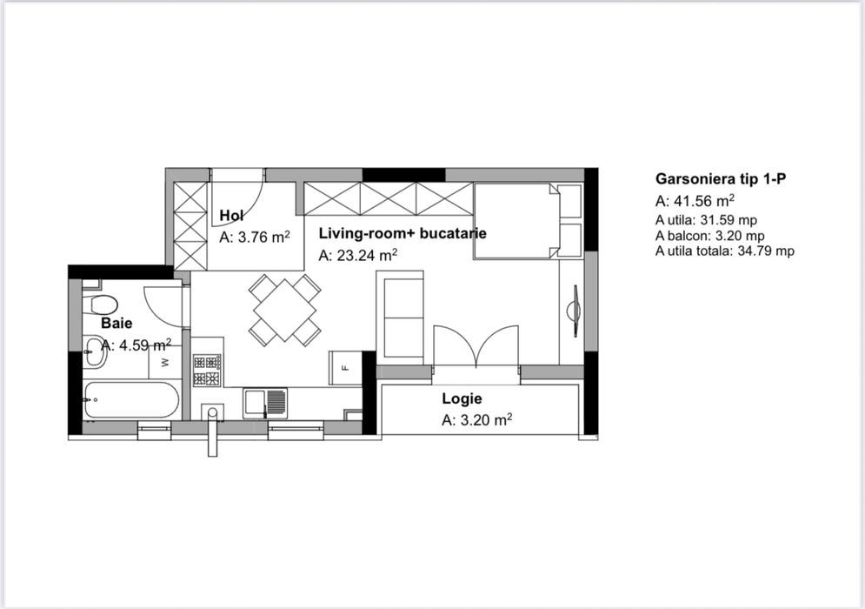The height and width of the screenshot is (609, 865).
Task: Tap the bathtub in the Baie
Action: coord(131,399)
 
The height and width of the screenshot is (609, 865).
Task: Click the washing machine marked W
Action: coord(164,362)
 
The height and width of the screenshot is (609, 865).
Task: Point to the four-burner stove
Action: coord(207,370)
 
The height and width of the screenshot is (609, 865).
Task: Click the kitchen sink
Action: coord(265,404)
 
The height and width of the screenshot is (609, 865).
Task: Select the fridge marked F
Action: coord(345,368)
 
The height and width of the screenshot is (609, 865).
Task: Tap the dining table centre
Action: coord(284,311)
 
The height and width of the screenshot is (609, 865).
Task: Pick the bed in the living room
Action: coord(528,221)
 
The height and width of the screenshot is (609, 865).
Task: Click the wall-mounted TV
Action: coord(575,311)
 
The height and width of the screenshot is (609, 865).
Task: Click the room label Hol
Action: coord(232,216)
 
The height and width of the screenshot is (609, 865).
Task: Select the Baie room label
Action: coord(116,323)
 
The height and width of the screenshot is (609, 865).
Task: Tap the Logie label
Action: coord(462,398)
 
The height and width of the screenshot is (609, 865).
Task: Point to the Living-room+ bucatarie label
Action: coord(403,233)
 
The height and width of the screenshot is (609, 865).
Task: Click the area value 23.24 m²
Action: coord(367,255)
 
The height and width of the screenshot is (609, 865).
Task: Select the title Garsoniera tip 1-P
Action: coord(721,179)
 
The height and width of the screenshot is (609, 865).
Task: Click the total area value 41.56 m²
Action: coord(704,200)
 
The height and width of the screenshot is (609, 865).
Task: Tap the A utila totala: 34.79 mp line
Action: coord(725,251)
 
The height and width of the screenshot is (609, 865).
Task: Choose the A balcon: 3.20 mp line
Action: coord(710,236)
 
